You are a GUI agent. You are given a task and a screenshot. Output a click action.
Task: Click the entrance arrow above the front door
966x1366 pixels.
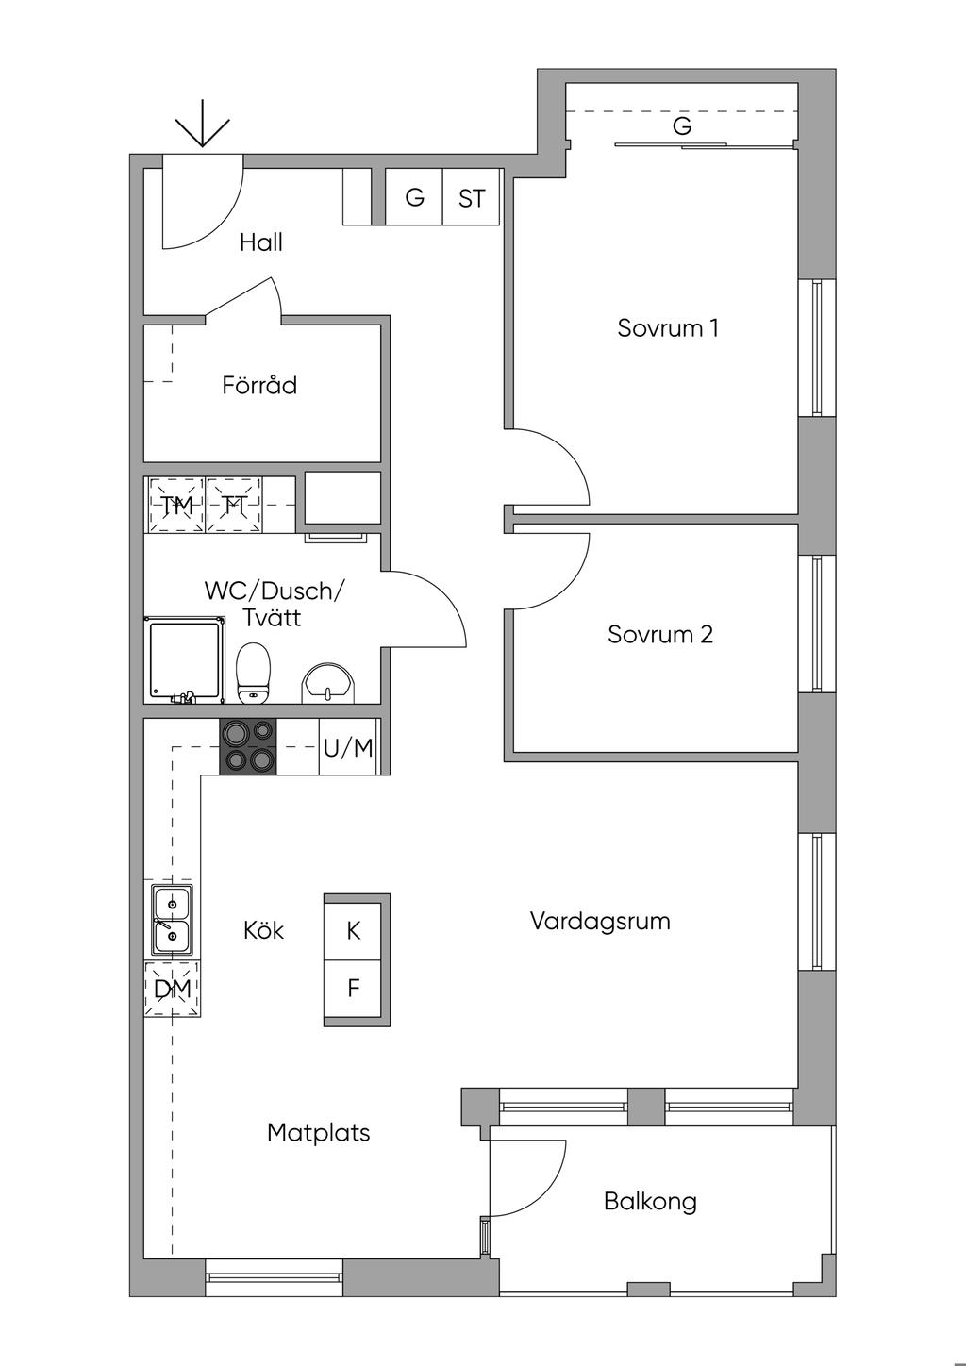pos(203,124)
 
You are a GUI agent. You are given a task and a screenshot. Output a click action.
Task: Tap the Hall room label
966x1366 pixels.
pos(261,242)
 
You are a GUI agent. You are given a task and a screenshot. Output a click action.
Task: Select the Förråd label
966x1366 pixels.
pos(259,385)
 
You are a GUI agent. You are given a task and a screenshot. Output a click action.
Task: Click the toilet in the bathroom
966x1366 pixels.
pos(253,674)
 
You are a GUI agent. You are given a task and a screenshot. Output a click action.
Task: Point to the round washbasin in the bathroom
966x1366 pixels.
pos(328,684)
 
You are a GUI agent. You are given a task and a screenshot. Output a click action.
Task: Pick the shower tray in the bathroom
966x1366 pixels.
pos(184,660)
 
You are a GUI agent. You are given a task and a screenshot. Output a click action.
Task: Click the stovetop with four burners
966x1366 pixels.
pos(247,747)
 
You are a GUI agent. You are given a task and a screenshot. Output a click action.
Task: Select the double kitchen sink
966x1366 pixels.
pos(172,920)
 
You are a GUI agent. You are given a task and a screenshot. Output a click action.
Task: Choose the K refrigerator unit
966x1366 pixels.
pos(353,931)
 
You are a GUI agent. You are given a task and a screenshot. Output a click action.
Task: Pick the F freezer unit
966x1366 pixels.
pos(353,989)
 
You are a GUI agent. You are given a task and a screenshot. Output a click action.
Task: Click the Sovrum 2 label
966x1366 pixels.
pos(659,634)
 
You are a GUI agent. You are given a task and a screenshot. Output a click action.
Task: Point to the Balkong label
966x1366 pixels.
pos(650,1201)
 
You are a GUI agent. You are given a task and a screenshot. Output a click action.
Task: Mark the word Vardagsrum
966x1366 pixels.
pos(600,921)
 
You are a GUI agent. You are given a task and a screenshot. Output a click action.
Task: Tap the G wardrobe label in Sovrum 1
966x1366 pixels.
pos(682,126)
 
